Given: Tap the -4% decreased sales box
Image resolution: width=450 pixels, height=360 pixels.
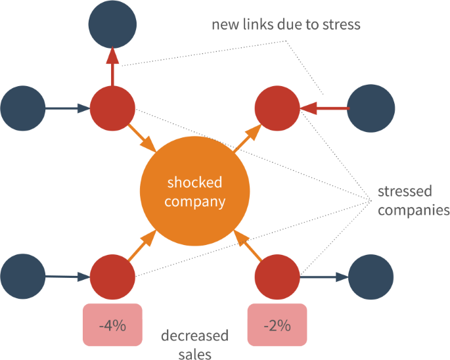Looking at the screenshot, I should [112, 325].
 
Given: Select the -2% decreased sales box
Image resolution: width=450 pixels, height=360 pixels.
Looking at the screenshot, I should [277, 325].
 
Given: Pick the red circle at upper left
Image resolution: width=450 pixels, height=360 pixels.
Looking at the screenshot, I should [112, 108].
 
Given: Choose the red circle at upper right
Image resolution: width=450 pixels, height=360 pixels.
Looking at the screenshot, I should [277, 108].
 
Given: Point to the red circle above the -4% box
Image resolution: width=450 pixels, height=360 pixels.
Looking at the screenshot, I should [112, 276].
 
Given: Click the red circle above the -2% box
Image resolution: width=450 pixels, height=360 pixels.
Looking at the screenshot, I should [277, 276].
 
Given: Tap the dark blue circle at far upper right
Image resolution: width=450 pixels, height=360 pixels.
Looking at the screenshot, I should [371, 108].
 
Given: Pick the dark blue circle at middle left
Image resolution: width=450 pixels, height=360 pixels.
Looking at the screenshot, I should [24, 108].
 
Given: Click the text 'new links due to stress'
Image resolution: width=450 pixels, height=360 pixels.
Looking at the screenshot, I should [286, 25].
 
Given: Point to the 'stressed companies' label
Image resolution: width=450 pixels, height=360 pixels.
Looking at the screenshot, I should [413, 201].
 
